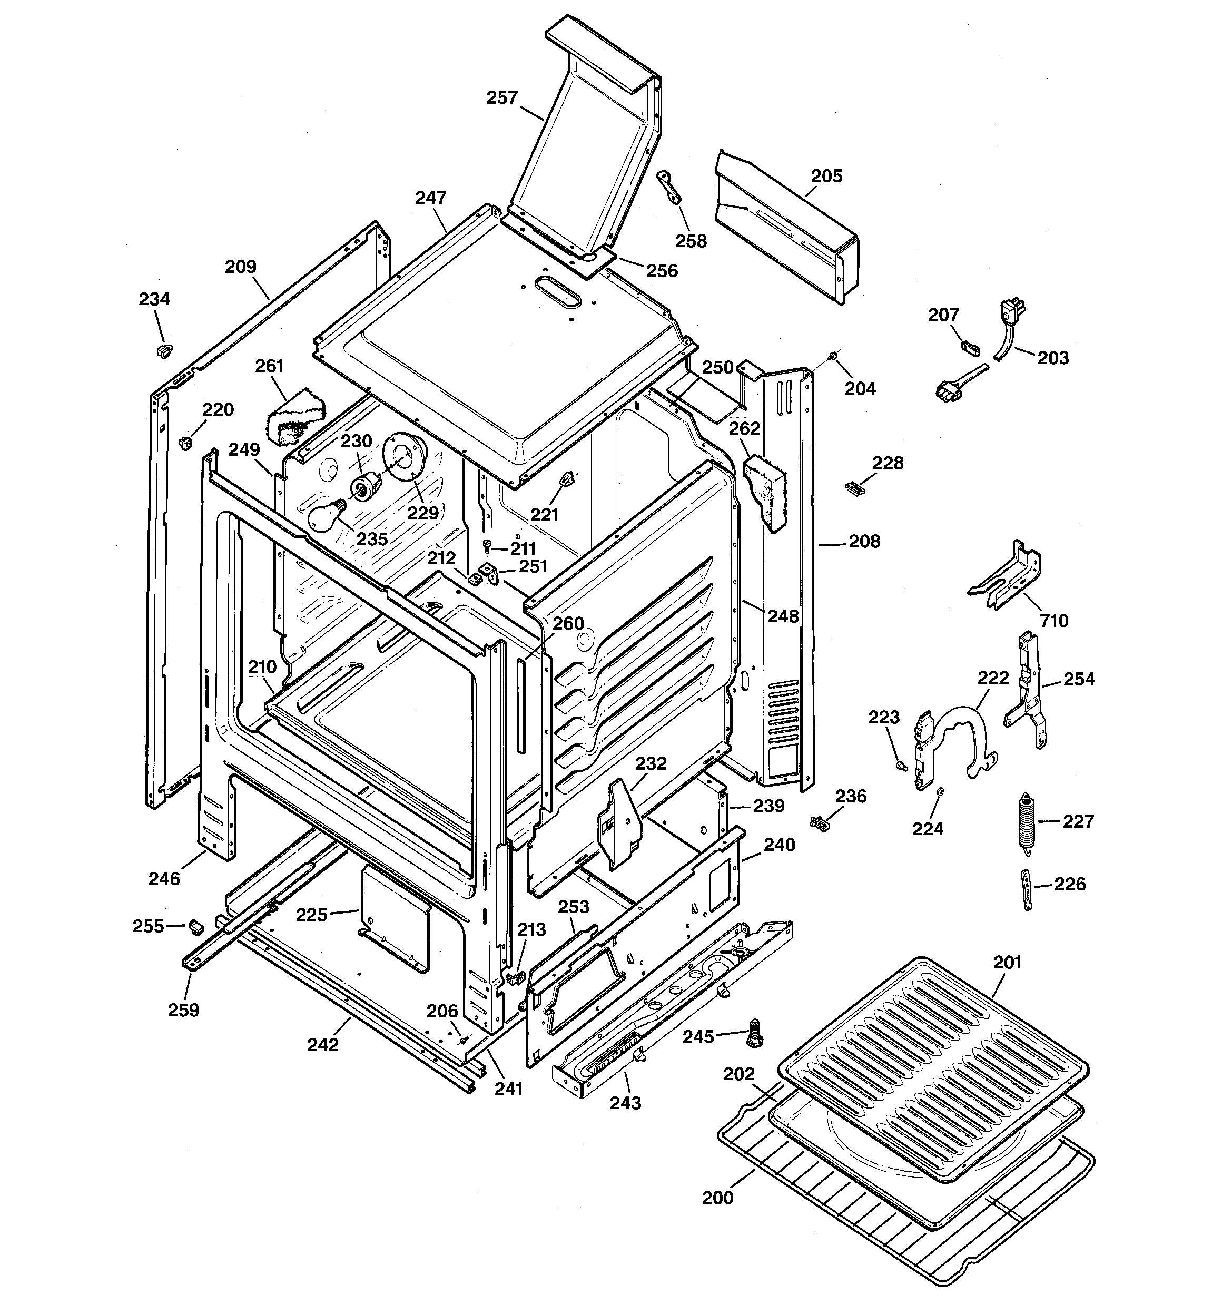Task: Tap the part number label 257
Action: click(x=502, y=98)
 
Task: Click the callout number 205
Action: click(x=826, y=176)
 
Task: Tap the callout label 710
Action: click(x=1054, y=621)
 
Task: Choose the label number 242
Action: click(x=323, y=1045)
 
